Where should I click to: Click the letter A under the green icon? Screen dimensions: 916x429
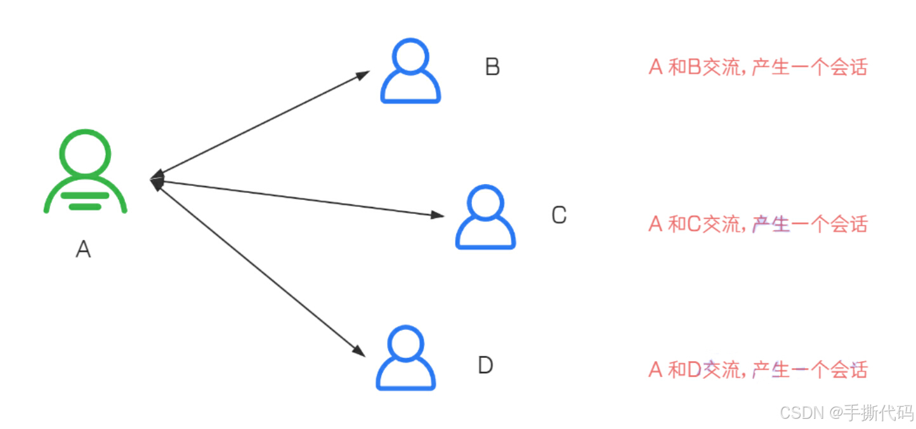pyautogui.click(x=84, y=249)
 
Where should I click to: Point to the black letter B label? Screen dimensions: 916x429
pyautogui.click(x=492, y=67)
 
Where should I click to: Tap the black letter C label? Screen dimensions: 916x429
pyautogui.click(x=559, y=214)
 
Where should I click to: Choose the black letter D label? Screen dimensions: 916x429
pyautogui.click(x=485, y=365)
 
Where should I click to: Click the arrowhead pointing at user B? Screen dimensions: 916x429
pyautogui.click(x=363, y=76)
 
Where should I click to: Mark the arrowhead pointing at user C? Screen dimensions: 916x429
pyautogui.click(x=438, y=214)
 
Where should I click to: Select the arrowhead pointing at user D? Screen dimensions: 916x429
pyautogui.click(x=358, y=351)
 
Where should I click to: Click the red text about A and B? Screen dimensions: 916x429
pyautogui.click(x=758, y=67)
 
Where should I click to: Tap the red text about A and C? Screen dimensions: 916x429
pyautogui.click(x=758, y=224)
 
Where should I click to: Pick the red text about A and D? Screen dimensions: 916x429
pyautogui.click(x=758, y=370)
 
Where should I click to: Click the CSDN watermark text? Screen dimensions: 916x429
pyautogui.click(x=846, y=412)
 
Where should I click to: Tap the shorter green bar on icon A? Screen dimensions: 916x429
pyautogui.click(x=85, y=207)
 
